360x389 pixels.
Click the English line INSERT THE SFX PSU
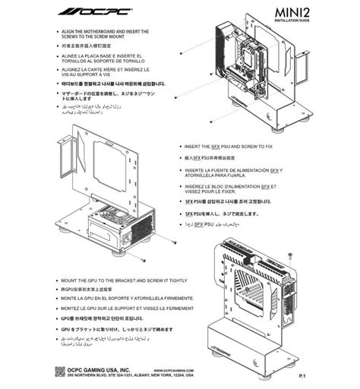(228, 144)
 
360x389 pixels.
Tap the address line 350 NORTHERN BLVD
(129, 355)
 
